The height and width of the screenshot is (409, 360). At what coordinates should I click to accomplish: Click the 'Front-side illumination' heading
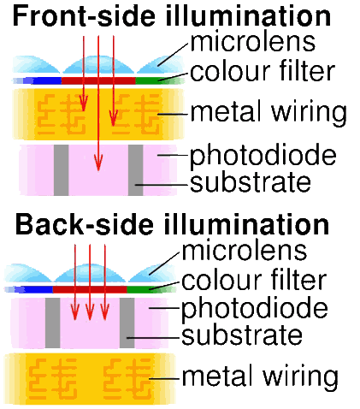(x=172, y=16)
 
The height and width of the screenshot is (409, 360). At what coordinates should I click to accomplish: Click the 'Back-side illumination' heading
(x=172, y=224)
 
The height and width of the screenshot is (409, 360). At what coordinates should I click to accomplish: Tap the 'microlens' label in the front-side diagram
(x=253, y=42)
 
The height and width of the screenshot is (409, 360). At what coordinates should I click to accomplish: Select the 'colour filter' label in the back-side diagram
(x=254, y=280)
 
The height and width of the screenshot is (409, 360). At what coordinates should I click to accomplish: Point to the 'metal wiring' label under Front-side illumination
(x=269, y=113)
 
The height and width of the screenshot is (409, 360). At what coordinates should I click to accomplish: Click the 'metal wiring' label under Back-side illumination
(x=260, y=377)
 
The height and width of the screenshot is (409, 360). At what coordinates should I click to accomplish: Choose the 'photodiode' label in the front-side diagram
(x=263, y=157)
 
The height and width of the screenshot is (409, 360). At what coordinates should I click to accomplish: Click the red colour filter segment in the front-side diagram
(x=98, y=80)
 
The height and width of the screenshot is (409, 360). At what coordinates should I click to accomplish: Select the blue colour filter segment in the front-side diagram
(x=46, y=80)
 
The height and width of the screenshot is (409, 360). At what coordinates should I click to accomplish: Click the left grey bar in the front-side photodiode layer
(x=62, y=170)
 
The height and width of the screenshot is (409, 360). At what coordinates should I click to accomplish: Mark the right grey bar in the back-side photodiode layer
(x=127, y=323)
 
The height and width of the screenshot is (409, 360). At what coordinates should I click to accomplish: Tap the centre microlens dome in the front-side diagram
(x=98, y=64)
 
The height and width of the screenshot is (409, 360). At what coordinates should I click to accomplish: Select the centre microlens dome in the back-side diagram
(x=90, y=273)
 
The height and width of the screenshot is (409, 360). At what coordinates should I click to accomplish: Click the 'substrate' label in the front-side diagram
(x=251, y=182)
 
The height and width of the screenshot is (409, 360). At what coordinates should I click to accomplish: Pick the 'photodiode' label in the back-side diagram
(x=255, y=310)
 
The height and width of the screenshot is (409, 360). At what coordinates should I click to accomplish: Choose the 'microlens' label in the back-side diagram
(x=245, y=251)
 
